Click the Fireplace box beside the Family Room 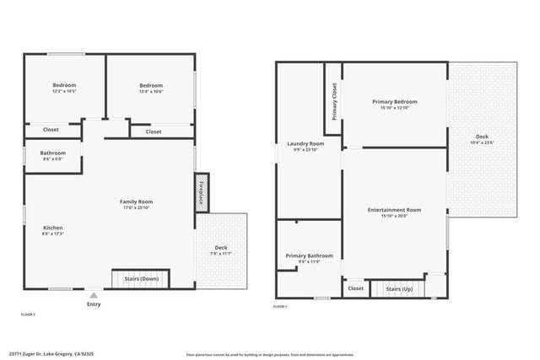coord(202,192)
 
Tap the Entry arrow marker coord(94,297)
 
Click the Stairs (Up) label coord(399,288)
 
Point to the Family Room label coord(136,201)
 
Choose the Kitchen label coord(53,228)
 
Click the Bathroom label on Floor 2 coord(52,153)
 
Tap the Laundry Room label coord(305,144)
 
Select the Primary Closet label coord(334,102)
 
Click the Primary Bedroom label coord(394,102)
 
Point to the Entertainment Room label coord(394,209)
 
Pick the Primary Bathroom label coord(309,255)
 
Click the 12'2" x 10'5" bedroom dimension coord(64,92)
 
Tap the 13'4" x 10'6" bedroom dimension coord(151,92)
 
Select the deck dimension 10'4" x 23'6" coord(482,142)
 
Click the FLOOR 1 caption coord(280,307)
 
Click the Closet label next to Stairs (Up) coord(355,288)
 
